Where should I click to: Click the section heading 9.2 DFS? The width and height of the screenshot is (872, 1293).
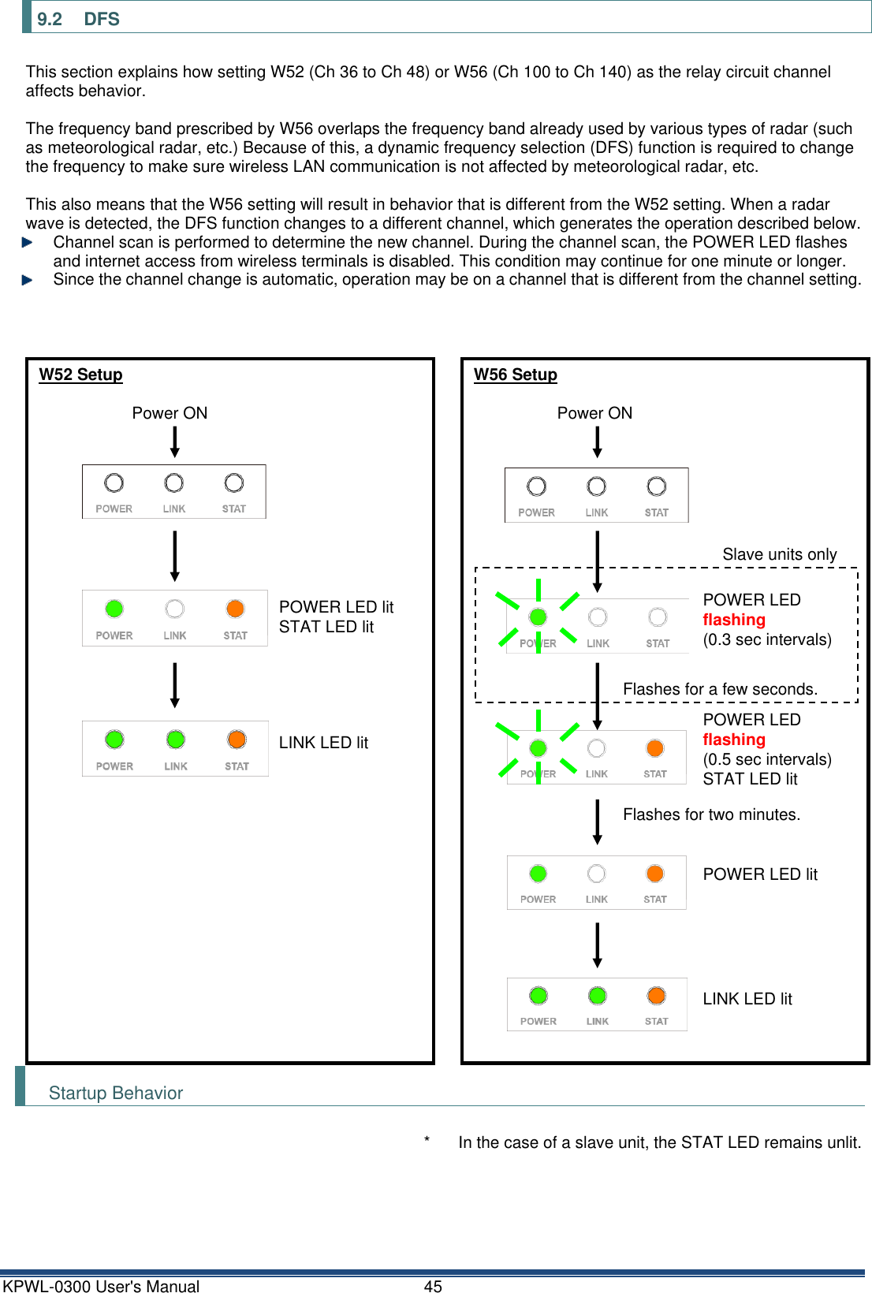(x=78, y=19)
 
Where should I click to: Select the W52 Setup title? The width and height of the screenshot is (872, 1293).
(x=80, y=374)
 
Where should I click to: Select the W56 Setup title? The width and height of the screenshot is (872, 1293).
(x=515, y=374)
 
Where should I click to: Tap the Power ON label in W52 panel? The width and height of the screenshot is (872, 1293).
(x=170, y=413)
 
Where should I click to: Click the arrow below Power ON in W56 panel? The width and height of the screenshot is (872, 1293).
(x=597, y=442)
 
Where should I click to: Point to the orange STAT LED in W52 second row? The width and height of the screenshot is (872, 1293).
(x=235, y=609)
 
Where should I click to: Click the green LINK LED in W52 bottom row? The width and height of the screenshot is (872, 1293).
(x=176, y=740)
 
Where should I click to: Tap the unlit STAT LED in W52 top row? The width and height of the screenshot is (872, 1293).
(x=234, y=483)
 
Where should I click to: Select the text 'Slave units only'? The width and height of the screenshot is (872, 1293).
(x=779, y=554)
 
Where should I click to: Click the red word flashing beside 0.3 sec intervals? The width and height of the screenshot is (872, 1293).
(x=733, y=620)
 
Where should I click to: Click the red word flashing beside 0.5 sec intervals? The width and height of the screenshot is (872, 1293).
(x=733, y=740)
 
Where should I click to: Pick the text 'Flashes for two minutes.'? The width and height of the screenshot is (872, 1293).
(x=711, y=814)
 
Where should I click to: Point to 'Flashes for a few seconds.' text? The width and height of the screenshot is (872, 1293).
(x=720, y=689)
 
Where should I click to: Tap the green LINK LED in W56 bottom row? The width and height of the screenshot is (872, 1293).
(x=598, y=996)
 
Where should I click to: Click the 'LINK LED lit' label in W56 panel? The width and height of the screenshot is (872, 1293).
(x=747, y=999)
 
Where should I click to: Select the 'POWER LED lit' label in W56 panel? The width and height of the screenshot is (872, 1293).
(x=759, y=874)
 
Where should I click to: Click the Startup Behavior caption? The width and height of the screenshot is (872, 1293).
(x=116, y=1093)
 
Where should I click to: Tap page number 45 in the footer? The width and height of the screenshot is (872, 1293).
(x=433, y=1286)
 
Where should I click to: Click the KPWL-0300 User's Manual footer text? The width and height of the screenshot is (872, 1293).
(x=101, y=1286)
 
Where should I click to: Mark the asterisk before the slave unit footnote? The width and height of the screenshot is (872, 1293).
(x=427, y=1140)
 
